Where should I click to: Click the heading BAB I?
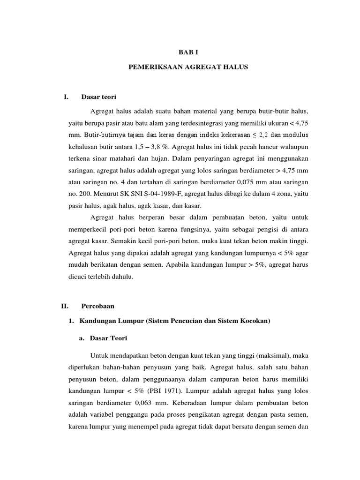click(x=180, y=53)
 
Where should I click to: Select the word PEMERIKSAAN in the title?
click(x=151, y=67)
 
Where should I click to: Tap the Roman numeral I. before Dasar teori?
click(x=66, y=97)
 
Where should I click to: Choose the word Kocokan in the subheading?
click(x=254, y=321)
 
